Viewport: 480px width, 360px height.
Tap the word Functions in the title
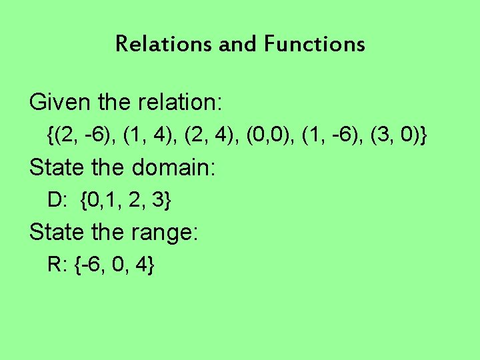(x=315, y=45)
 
